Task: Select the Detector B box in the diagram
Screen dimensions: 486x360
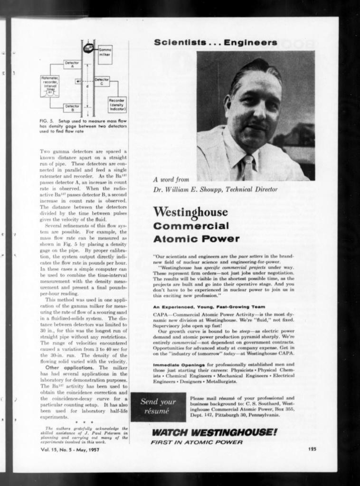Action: [72, 107]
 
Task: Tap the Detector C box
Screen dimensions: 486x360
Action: [102, 81]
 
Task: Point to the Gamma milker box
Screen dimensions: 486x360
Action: [104, 53]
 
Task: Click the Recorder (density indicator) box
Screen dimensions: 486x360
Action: [117, 104]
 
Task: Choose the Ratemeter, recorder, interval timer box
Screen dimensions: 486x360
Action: [50, 85]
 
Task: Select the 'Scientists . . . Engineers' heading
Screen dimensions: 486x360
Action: [215, 43]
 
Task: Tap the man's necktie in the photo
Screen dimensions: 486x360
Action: [248, 167]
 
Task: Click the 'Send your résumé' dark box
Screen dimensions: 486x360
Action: [158, 406]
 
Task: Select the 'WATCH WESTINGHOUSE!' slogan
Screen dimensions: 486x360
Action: [214, 432]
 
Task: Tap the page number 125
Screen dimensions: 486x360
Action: [312, 449]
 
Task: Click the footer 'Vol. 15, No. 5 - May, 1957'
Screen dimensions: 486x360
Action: [70, 449]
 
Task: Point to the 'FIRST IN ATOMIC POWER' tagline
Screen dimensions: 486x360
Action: [197, 442]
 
